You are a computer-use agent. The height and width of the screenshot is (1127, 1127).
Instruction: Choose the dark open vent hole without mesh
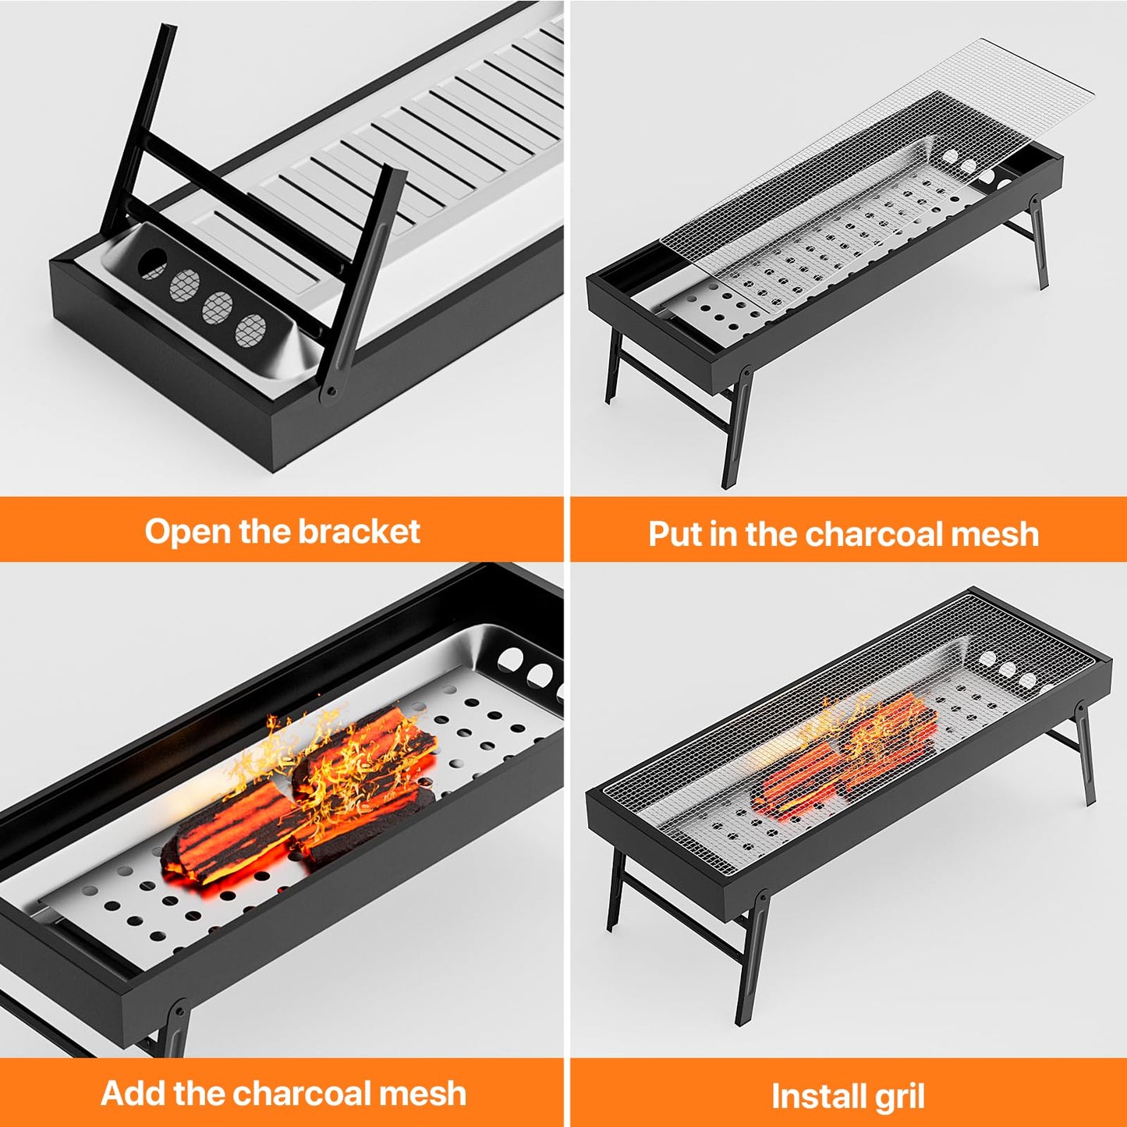[151, 264]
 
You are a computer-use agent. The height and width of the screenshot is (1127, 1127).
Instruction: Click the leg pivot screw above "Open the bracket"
[331, 392]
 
